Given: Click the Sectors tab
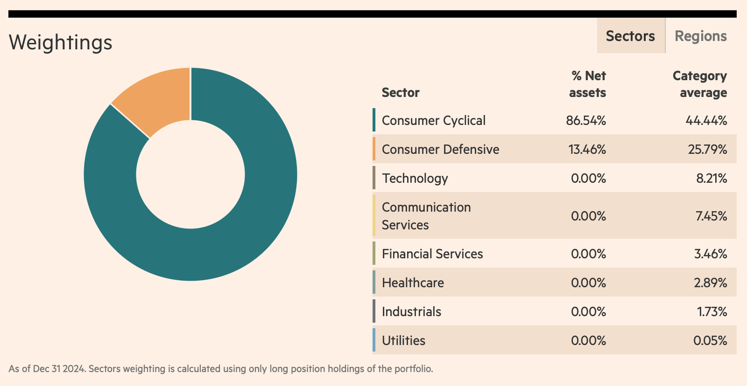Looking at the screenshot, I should (630, 36).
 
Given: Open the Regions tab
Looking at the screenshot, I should (700, 36).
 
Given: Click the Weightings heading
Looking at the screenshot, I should (60, 42).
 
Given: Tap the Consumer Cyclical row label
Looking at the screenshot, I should (434, 120).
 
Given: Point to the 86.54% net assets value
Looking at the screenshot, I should (586, 120).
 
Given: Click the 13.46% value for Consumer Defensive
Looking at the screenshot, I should (586, 149).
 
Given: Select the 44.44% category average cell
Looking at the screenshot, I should (706, 120).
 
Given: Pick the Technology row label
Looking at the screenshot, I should (414, 178).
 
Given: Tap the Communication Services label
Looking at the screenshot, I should (426, 216).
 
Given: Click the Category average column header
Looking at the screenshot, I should (699, 84).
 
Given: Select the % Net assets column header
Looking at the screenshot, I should (587, 84).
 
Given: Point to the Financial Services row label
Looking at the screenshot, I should (432, 254).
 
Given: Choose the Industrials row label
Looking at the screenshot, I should (411, 312).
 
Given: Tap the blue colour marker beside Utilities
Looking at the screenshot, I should (374, 340).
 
